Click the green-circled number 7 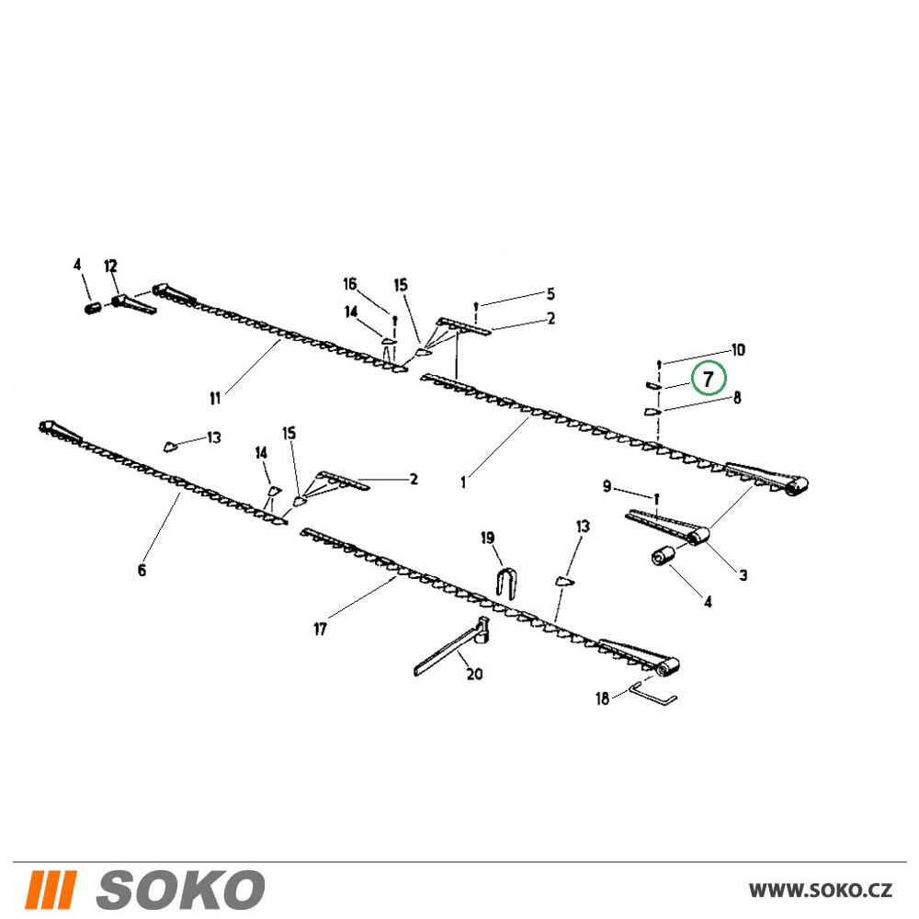click(708, 380)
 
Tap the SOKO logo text click(180, 890)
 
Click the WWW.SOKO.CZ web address click(821, 891)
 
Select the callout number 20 click(474, 674)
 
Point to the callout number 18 click(602, 698)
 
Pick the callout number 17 click(320, 630)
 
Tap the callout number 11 click(215, 399)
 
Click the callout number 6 click(142, 570)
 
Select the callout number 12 click(111, 267)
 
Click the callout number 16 click(350, 284)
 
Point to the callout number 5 click(550, 293)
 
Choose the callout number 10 click(738, 350)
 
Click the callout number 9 click(607, 486)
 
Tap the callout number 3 click(743, 575)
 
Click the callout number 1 click(463, 483)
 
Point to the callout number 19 click(488, 538)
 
